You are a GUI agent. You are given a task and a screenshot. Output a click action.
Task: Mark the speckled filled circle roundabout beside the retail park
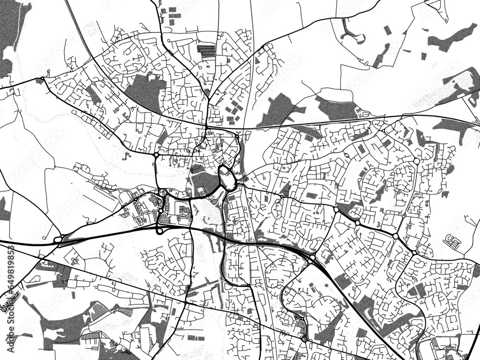pos(163,193)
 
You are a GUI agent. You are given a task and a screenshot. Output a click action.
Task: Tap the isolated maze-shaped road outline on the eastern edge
pos(452,241)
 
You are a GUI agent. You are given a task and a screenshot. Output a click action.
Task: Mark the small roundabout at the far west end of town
pos(43,78)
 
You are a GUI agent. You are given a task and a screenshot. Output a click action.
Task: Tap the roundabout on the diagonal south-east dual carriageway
pos(312,260)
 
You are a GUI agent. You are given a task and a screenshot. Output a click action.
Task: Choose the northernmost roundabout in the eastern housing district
pos(417,161)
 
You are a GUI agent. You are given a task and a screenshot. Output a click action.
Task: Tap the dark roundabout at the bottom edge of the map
pos(304,340)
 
